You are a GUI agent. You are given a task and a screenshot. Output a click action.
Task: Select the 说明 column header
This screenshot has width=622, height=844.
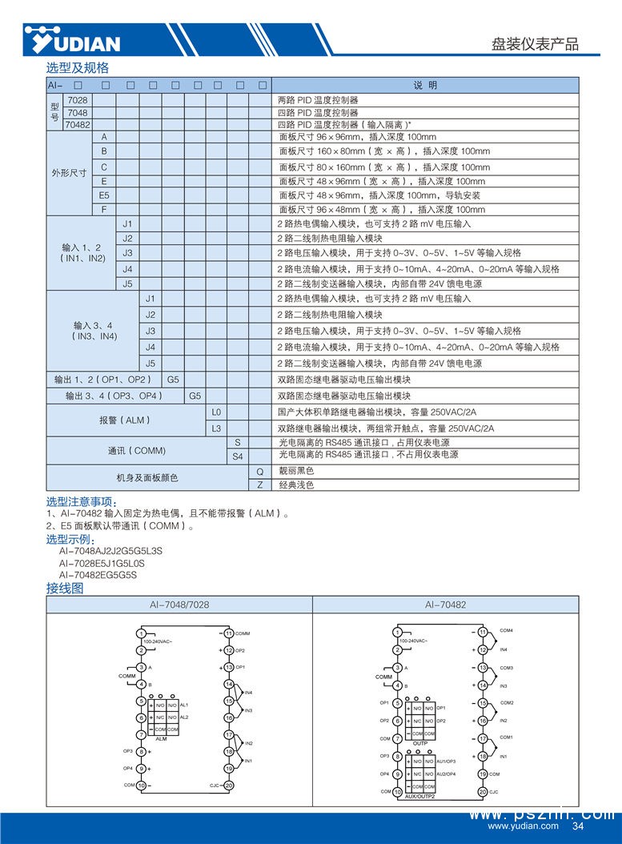point(425,85)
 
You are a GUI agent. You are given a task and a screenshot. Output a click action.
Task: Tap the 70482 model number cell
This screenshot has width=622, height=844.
point(77,124)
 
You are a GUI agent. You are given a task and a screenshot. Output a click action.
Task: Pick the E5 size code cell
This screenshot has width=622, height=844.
point(104,195)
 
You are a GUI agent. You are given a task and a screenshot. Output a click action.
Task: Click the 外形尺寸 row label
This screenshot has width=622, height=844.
point(69,173)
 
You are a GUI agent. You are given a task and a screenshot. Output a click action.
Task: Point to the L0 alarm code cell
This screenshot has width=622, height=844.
point(215,412)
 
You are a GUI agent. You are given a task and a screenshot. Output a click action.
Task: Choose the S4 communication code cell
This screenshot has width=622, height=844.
point(238,455)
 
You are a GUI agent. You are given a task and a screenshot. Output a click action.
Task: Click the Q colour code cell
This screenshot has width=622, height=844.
point(259,471)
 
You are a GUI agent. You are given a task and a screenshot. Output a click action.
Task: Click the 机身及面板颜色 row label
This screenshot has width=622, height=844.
point(147,478)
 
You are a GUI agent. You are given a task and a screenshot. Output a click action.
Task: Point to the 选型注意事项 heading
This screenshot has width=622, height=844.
point(82,501)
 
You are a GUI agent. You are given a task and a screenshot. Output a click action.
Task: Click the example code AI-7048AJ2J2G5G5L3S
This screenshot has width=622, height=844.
point(110,552)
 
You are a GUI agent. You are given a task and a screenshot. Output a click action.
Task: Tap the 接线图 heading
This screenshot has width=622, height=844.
point(65,588)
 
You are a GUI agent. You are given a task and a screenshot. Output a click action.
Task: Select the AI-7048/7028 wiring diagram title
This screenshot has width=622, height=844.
point(179,605)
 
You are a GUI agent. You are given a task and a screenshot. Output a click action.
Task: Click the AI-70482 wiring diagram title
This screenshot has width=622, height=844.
point(446,605)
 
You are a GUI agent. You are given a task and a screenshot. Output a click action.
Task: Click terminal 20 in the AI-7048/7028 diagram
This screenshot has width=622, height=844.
point(229,786)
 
